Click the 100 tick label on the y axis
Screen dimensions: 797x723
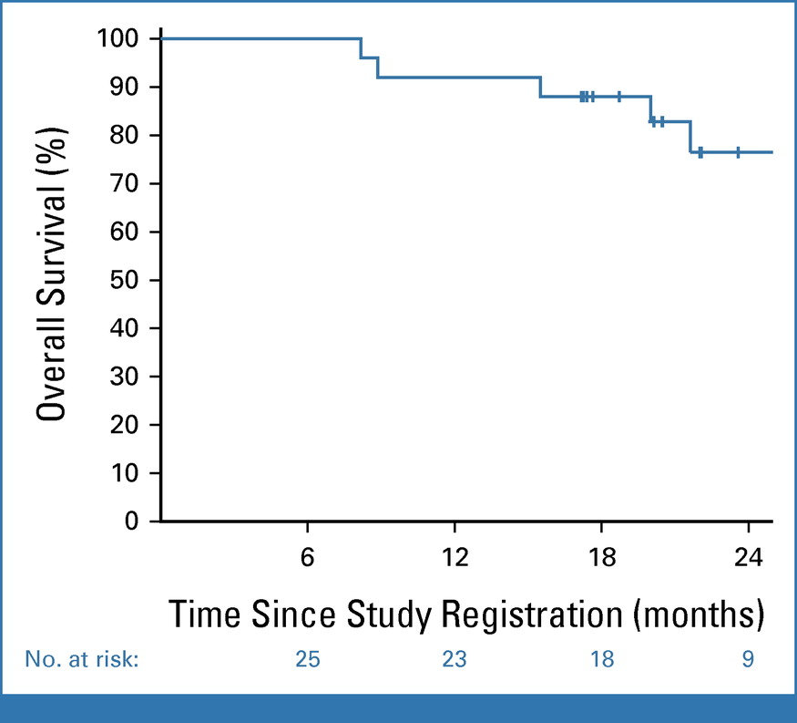pos(118,38)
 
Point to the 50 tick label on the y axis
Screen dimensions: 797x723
pos(124,280)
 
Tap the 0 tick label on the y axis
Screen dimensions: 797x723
pos(132,521)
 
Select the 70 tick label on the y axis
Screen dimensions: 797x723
pos(124,183)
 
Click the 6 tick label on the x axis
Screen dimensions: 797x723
pos(308,557)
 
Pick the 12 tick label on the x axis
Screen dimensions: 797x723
pos(455,557)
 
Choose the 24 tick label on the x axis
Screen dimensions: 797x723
pos(748,557)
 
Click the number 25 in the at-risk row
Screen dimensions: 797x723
pos(308,659)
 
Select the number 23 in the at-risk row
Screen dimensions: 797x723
pos(455,659)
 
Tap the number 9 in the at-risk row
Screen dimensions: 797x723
pos(748,659)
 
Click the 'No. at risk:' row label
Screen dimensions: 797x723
pos(82,659)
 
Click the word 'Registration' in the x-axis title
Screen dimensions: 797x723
pos(532,615)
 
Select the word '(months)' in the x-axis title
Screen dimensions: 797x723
pos(699,615)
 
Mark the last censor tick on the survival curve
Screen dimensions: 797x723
pos(738,152)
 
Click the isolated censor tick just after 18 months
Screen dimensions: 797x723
pos(619,96)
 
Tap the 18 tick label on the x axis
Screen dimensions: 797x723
pos(602,557)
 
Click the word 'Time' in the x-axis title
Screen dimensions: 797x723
pos(204,615)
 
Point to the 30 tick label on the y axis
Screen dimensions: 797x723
pos(124,377)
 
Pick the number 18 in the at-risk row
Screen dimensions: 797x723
pos(602,659)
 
